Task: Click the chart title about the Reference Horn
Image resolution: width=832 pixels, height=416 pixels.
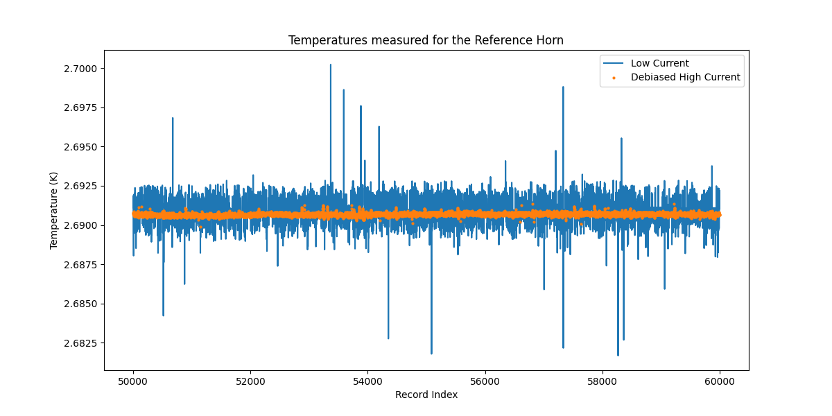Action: pyautogui.click(x=426, y=40)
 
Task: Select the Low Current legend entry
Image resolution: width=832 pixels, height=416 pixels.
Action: pyautogui.click(x=659, y=64)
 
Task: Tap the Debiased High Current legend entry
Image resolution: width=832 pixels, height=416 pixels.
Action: pyautogui.click(x=685, y=78)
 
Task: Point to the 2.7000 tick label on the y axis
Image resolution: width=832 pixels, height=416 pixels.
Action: pyautogui.click(x=81, y=69)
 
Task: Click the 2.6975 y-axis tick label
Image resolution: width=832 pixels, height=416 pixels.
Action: pyautogui.click(x=81, y=107)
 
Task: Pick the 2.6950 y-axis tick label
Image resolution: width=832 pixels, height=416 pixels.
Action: pyautogui.click(x=81, y=147)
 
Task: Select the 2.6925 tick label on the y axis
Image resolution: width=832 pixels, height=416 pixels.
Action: pyautogui.click(x=81, y=187)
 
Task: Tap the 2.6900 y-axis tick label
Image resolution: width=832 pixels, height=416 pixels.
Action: pyautogui.click(x=81, y=225)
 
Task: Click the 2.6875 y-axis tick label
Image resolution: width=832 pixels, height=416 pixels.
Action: pyautogui.click(x=81, y=265)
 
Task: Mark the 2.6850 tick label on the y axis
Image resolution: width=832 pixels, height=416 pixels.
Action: pyautogui.click(x=81, y=304)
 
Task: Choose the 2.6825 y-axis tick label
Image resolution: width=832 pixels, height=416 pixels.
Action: pyautogui.click(x=81, y=343)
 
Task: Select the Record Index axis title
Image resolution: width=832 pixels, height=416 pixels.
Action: pyautogui.click(x=426, y=395)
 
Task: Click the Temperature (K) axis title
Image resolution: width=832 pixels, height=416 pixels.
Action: pyautogui.click(x=53, y=210)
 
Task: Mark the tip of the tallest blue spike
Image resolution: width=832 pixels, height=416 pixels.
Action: pyautogui.click(x=330, y=64)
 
